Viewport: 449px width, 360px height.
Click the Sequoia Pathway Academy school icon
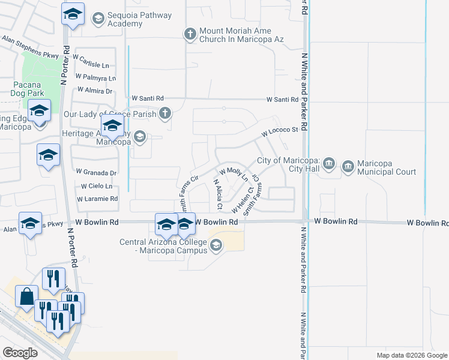(x=97, y=19)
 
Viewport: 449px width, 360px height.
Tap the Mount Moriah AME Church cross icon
(x=190, y=34)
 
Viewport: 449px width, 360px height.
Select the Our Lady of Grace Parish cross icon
(x=164, y=113)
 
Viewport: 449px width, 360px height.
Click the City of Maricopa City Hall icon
(x=328, y=163)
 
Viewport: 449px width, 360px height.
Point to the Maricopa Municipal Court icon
(x=348, y=167)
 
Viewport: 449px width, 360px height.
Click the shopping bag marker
(x=27, y=297)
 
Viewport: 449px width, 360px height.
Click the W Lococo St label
(x=279, y=131)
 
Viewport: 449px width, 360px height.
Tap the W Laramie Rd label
(x=97, y=199)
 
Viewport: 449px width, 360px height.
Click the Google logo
(x=20, y=353)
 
